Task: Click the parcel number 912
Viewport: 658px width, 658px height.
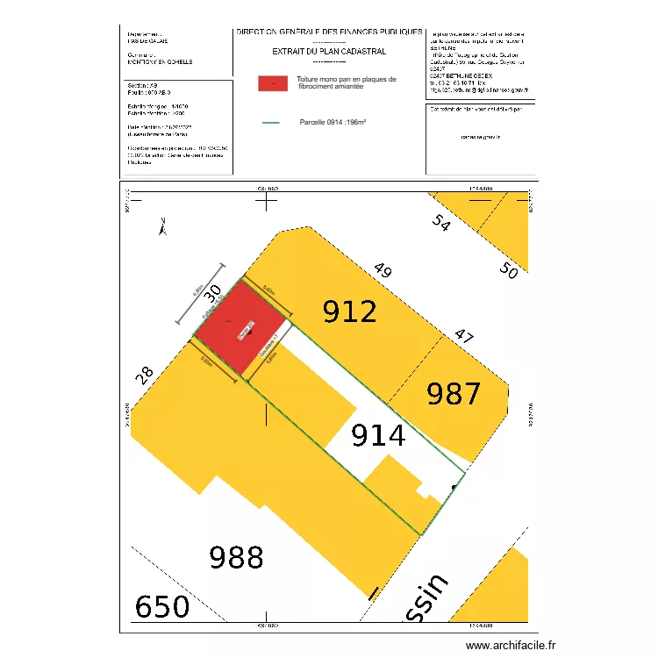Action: coord(350,311)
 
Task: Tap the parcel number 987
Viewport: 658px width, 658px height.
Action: coord(454,395)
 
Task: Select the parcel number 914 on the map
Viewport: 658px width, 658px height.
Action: coord(378,434)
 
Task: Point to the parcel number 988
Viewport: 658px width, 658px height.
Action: coord(237,556)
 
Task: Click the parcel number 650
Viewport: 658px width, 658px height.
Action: coord(161,606)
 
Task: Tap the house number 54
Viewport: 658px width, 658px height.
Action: coord(440,224)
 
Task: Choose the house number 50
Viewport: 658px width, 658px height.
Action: coord(508,271)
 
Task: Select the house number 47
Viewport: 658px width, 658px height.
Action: coord(463,335)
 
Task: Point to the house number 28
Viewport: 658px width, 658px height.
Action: coord(146,374)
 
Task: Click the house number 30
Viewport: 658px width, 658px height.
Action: coord(211,299)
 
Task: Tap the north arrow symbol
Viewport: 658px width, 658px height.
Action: coord(161,227)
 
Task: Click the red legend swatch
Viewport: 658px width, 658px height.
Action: coord(273,83)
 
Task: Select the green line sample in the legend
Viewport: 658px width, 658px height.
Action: coord(271,122)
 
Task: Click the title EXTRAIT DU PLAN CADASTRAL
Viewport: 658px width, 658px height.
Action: coord(329,52)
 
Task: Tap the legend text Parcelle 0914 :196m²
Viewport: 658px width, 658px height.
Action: coord(333,122)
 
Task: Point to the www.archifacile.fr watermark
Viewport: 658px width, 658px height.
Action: coord(511,646)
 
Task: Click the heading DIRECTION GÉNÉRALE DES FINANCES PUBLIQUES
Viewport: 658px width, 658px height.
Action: coord(329,32)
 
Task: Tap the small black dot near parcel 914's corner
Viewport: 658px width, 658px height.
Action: coord(454,486)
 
